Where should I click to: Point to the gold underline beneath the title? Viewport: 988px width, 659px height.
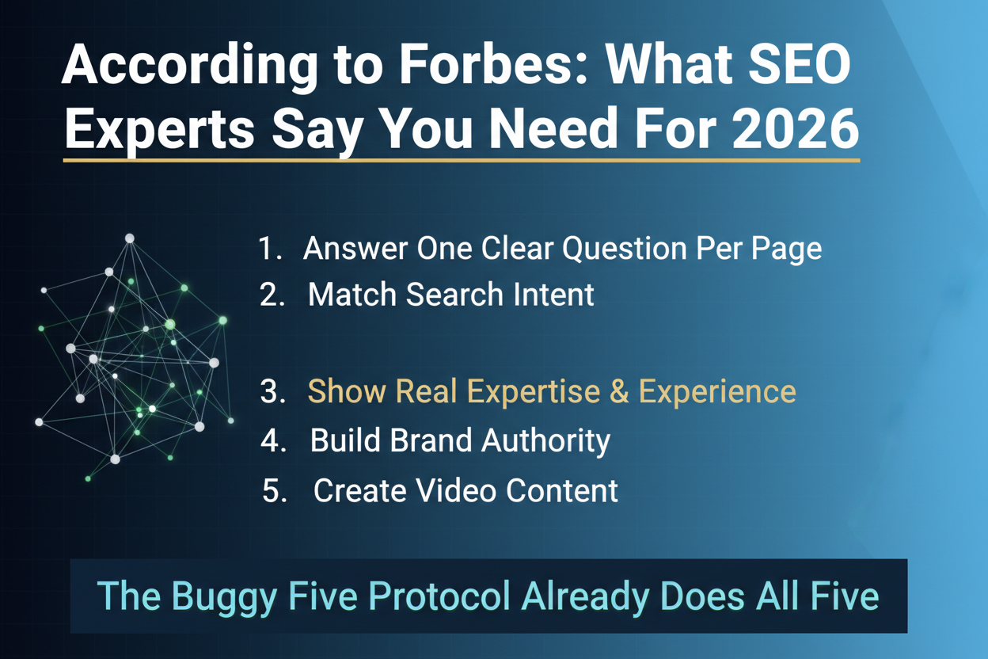click(x=461, y=161)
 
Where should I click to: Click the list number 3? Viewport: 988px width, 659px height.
click(x=272, y=392)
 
